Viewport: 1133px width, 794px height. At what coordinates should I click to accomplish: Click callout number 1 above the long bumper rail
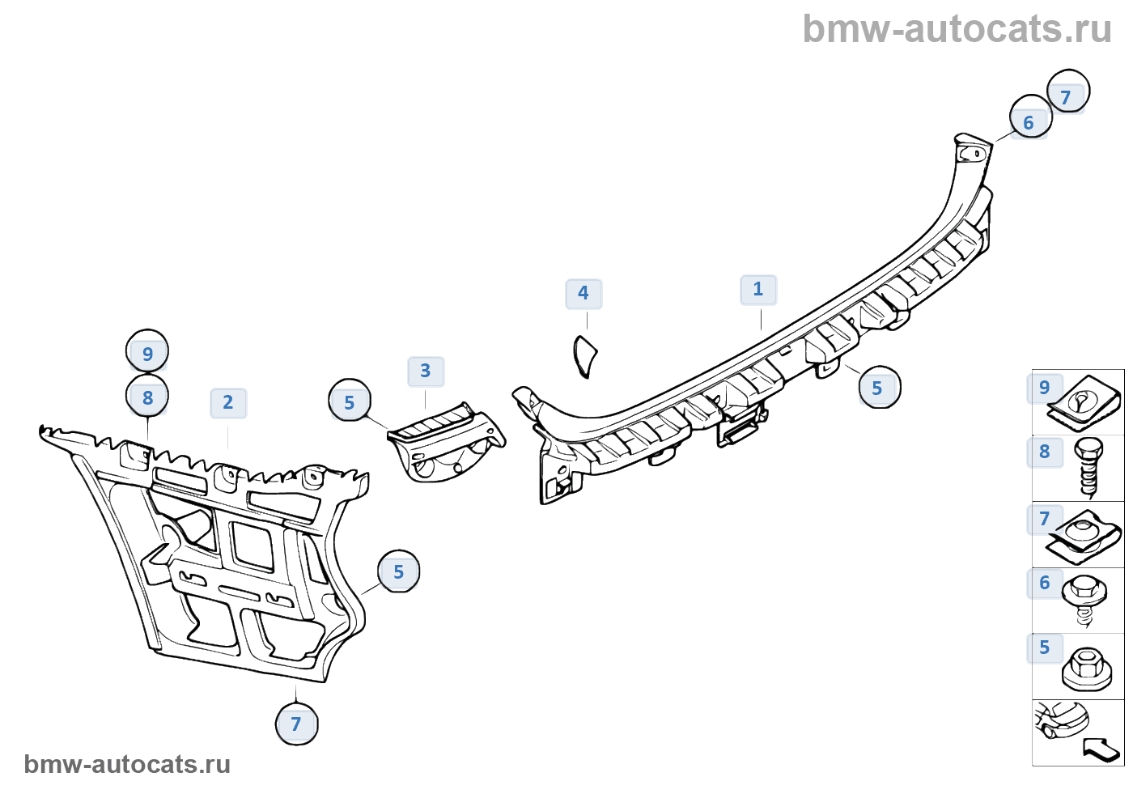pos(758,290)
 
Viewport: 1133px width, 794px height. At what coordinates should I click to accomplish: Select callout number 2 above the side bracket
pos(228,403)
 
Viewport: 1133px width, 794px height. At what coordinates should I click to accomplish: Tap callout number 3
pos(426,372)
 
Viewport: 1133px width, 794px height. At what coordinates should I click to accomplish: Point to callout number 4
pos(583,294)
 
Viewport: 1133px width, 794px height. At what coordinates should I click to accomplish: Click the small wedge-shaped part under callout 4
pos(584,356)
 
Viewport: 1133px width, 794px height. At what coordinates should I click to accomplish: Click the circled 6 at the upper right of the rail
pos(1029,122)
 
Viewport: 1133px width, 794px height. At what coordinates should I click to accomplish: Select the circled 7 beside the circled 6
pos(1067,97)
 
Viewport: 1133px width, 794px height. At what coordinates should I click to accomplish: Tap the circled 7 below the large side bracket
pos(296,724)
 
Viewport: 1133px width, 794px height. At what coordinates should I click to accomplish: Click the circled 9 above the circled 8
pos(147,353)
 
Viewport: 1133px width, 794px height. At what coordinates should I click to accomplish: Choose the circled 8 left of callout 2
pos(147,397)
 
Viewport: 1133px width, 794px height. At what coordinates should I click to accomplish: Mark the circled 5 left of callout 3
pos(350,402)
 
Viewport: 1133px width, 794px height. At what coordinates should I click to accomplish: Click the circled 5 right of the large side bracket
pos(399,572)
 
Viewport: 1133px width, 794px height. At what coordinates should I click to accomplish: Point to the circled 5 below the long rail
pos(878,389)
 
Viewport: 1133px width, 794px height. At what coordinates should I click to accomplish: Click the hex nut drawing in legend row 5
pos(1087,669)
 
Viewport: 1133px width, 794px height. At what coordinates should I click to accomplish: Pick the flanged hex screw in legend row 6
pos(1085,599)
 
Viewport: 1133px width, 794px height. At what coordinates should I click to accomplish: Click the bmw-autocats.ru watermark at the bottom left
pos(127,764)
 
